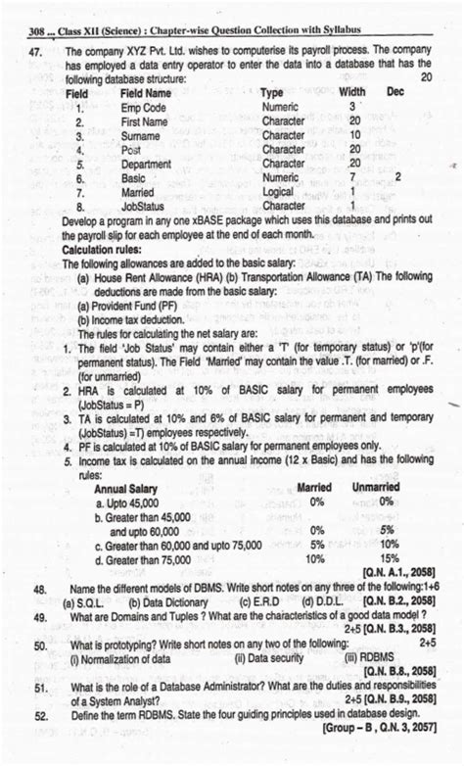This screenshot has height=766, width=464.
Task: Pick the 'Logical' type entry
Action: tap(281, 193)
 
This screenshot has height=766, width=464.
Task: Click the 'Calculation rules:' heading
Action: tap(107, 250)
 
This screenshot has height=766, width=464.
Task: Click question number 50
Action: tap(39, 646)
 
